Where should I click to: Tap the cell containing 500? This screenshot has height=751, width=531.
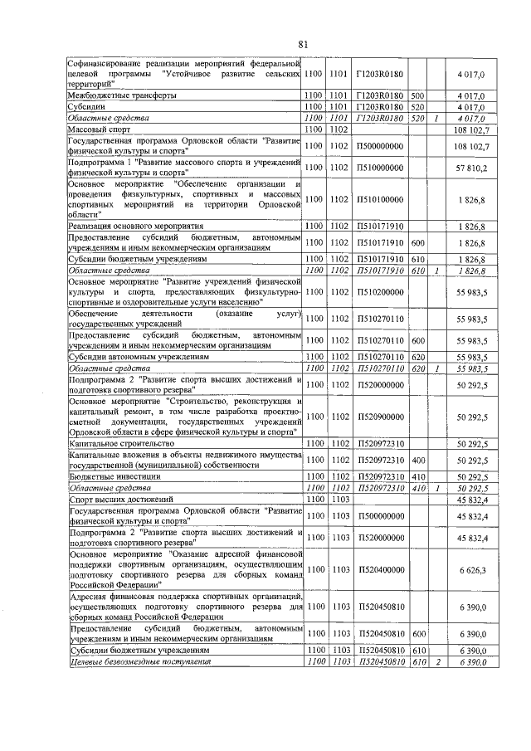417,96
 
